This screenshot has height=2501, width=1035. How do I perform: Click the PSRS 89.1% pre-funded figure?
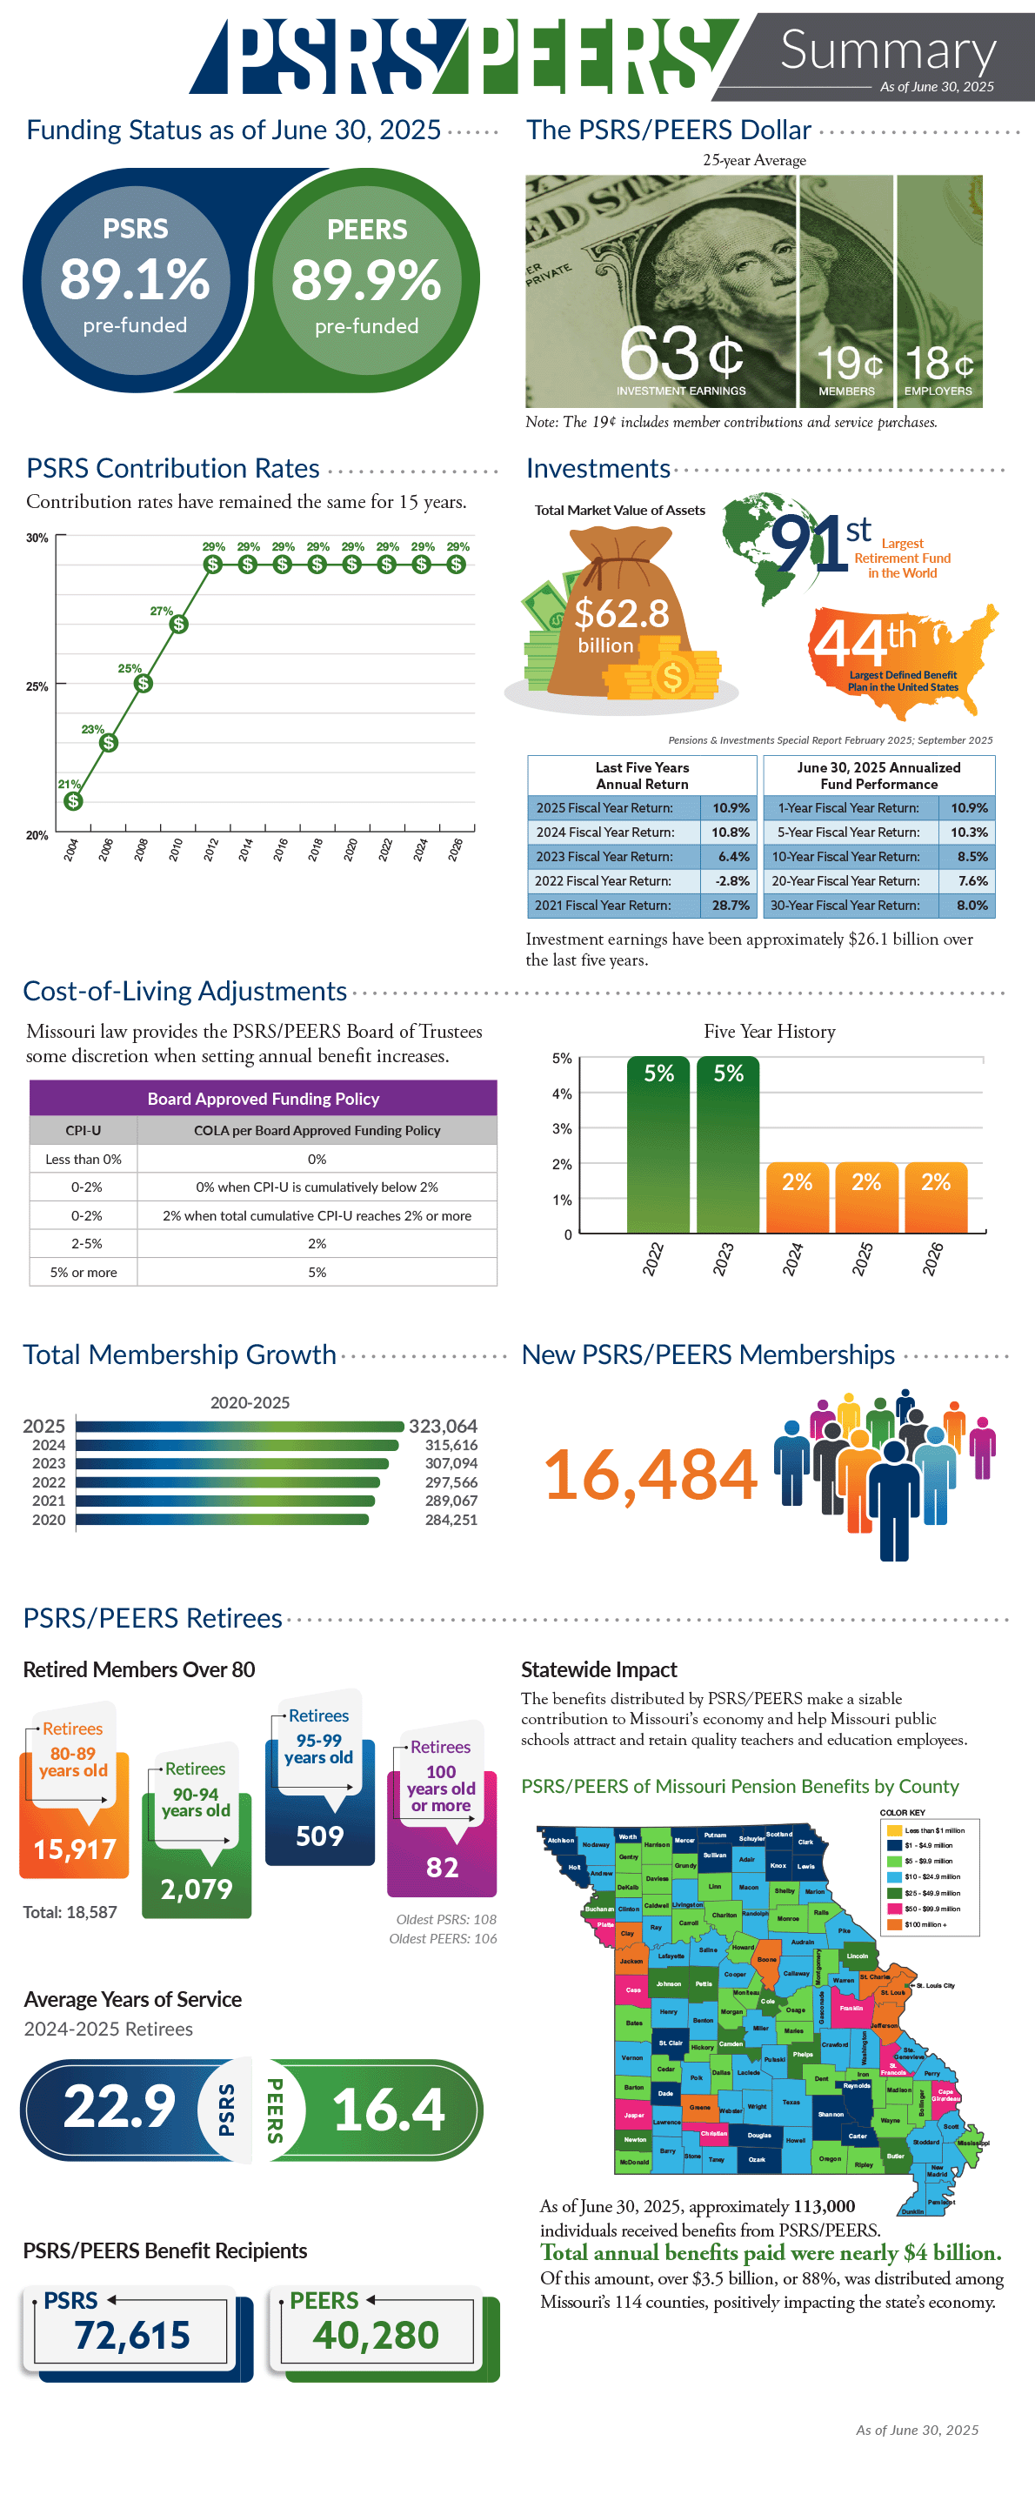pyautogui.click(x=134, y=279)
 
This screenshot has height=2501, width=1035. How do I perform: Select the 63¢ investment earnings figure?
pyautogui.click(x=681, y=355)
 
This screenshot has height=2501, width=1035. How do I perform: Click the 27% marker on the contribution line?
pyautogui.click(x=178, y=625)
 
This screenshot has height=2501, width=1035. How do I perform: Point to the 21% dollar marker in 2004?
pyautogui.click(x=73, y=801)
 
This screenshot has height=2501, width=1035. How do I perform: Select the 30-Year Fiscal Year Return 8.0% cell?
pyautogui.click(x=971, y=905)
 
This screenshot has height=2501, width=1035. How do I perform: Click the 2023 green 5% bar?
pyautogui.click(x=728, y=1146)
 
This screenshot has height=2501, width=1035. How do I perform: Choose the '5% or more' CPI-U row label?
pyautogui.click(x=83, y=1272)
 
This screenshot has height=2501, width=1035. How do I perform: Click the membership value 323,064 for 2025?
pyautogui.click(x=443, y=1427)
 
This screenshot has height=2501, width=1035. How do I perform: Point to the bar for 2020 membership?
pyautogui.click(x=223, y=1520)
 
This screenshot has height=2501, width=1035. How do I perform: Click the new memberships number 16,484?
pyautogui.click(x=650, y=1475)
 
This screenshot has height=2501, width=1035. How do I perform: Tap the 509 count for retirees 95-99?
pyautogui.click(x=319, y=1836)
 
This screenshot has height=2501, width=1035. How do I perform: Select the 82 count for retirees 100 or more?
pyautogui.click(x=442, y=1867)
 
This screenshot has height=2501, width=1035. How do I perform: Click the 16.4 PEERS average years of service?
pyautogui.click(x=389, y=2110)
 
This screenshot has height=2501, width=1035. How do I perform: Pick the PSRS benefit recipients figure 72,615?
pyautogui.click(x=132, y=2335)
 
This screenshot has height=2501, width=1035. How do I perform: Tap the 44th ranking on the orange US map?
pyautogui.click(x=865, y=642)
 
